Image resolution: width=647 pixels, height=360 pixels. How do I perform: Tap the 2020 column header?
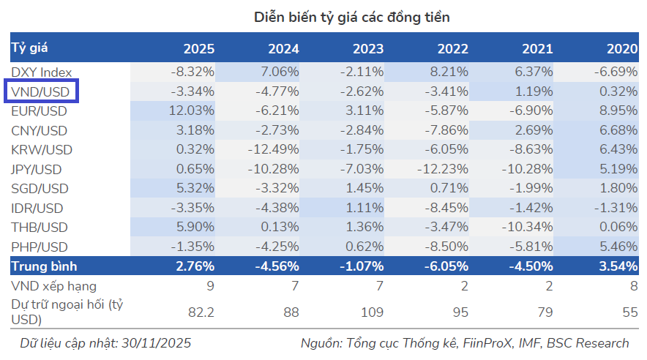[621, 49]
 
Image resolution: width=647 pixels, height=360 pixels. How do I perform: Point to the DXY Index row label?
[42, 72]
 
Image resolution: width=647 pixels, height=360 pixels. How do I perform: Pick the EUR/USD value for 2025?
[191, 111]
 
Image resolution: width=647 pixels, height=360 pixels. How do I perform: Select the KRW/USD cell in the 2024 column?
[274, 150]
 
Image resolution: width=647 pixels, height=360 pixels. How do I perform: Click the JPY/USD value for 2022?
[442, 170]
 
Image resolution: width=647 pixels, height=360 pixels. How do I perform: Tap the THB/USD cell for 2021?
[527, 227]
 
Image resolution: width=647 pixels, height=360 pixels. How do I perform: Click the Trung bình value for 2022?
[446, 266]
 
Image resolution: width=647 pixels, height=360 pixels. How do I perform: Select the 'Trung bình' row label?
[44, 266]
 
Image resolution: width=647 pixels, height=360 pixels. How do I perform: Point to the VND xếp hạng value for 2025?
[209, 286]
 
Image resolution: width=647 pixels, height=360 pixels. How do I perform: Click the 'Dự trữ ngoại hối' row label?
[66, 312]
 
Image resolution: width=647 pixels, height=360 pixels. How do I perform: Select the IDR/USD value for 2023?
[364, 207]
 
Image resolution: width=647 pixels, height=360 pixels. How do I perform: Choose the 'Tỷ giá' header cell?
[30, 48]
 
